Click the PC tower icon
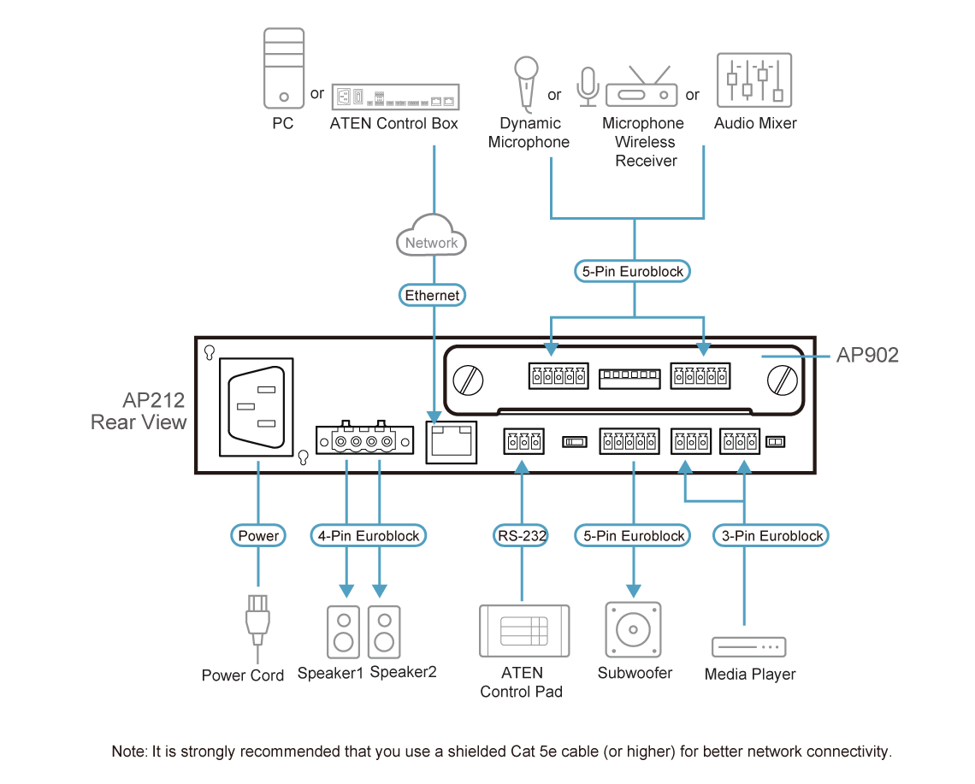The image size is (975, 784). (284, 68)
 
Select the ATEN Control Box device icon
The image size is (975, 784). (395, 97)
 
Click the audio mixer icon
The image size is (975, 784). (754, 80)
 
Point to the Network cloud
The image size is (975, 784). (432, 235)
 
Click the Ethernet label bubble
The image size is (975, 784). (432, 295)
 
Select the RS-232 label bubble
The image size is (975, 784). (521, 535)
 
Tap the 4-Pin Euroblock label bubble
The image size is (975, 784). (369, 535)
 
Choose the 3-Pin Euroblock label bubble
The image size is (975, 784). (771, 535)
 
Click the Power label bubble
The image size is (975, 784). (258, 535)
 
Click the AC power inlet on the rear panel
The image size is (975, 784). (257, 407)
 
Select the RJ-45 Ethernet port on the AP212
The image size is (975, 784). (452, 442)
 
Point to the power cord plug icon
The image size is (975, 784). (257, 624)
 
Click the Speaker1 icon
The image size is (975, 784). (343, 633)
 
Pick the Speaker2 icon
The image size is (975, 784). (384, 633)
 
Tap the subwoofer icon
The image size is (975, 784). (633, 629)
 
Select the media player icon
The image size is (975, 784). (748, 647)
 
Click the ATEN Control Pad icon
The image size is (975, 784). (524, 631)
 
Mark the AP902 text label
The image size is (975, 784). (867, 355)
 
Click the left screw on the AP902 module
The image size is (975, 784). (468, 380)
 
